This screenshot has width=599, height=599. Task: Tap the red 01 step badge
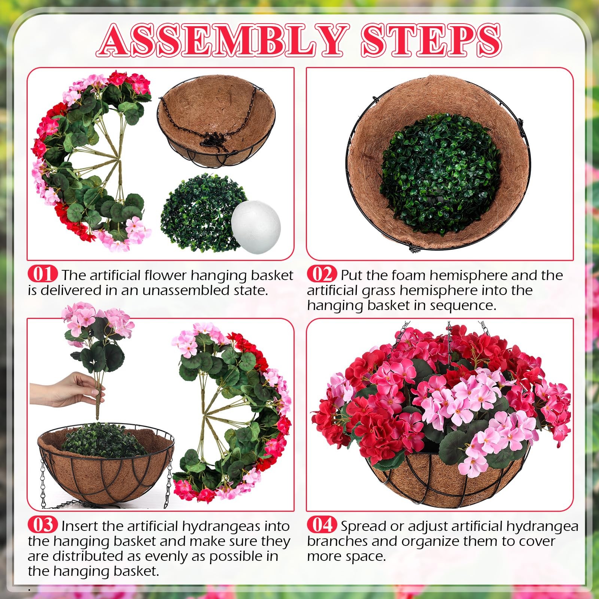[x=43, y=274]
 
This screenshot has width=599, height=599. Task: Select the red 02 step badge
[x=322, y=274]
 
